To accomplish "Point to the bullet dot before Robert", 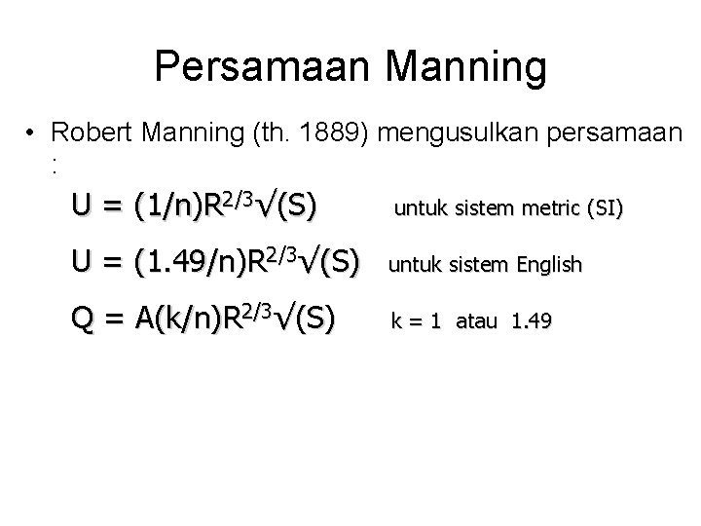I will (x=32, y=134).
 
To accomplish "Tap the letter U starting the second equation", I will (x=82, y=262).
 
